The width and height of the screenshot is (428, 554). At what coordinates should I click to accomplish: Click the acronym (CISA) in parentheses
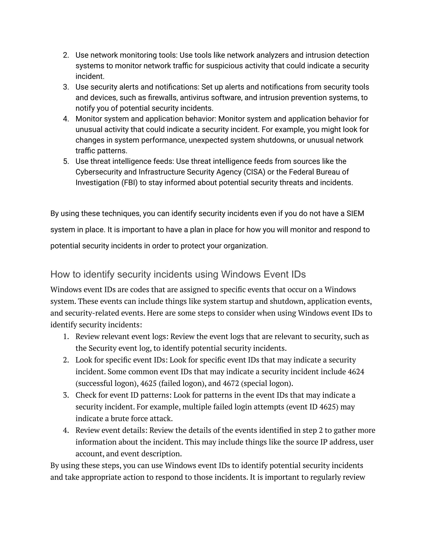(254, 172)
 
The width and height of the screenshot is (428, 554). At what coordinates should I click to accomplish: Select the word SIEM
(355, 214)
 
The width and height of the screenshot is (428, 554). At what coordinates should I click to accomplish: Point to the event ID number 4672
(231, 383)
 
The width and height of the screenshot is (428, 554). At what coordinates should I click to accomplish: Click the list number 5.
(66, 161)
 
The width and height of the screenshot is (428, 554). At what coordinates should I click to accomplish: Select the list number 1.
(66, 337)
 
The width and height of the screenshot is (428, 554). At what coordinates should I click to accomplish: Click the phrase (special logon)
(267, 383)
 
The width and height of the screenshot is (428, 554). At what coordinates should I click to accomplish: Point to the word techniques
(121, 214)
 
